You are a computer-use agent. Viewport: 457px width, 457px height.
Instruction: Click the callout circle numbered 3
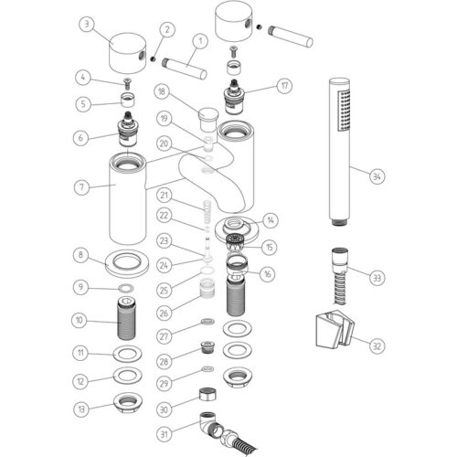87,24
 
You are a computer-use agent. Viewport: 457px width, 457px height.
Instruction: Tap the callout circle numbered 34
377,176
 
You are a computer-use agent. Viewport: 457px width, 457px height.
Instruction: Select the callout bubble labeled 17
284,86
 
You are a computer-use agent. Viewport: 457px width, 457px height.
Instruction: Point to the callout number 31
164,433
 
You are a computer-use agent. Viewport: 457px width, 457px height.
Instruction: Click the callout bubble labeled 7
81,186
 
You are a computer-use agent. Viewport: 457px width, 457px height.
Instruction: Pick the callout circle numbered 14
271,220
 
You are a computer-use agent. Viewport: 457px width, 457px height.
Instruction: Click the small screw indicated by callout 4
127,83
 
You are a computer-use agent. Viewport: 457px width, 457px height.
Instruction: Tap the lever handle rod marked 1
185,69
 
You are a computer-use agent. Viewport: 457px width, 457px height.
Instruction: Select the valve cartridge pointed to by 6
128,129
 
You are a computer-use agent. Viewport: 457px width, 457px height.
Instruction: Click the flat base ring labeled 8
127,263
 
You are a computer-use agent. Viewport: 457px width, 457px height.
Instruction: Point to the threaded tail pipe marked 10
127,319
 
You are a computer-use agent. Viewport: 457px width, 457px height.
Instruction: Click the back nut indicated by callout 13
127,403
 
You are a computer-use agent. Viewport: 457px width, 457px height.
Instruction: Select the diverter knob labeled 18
208,118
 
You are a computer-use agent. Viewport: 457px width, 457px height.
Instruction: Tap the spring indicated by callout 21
207,210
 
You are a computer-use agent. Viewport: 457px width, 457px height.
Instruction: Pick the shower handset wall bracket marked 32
335,329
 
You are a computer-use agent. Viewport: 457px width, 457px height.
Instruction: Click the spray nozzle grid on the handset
344,111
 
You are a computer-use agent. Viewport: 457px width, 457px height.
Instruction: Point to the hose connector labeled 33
339,276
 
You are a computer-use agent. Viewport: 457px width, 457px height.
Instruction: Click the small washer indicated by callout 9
125,288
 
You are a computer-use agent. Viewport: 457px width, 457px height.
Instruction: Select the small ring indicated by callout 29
207,369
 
